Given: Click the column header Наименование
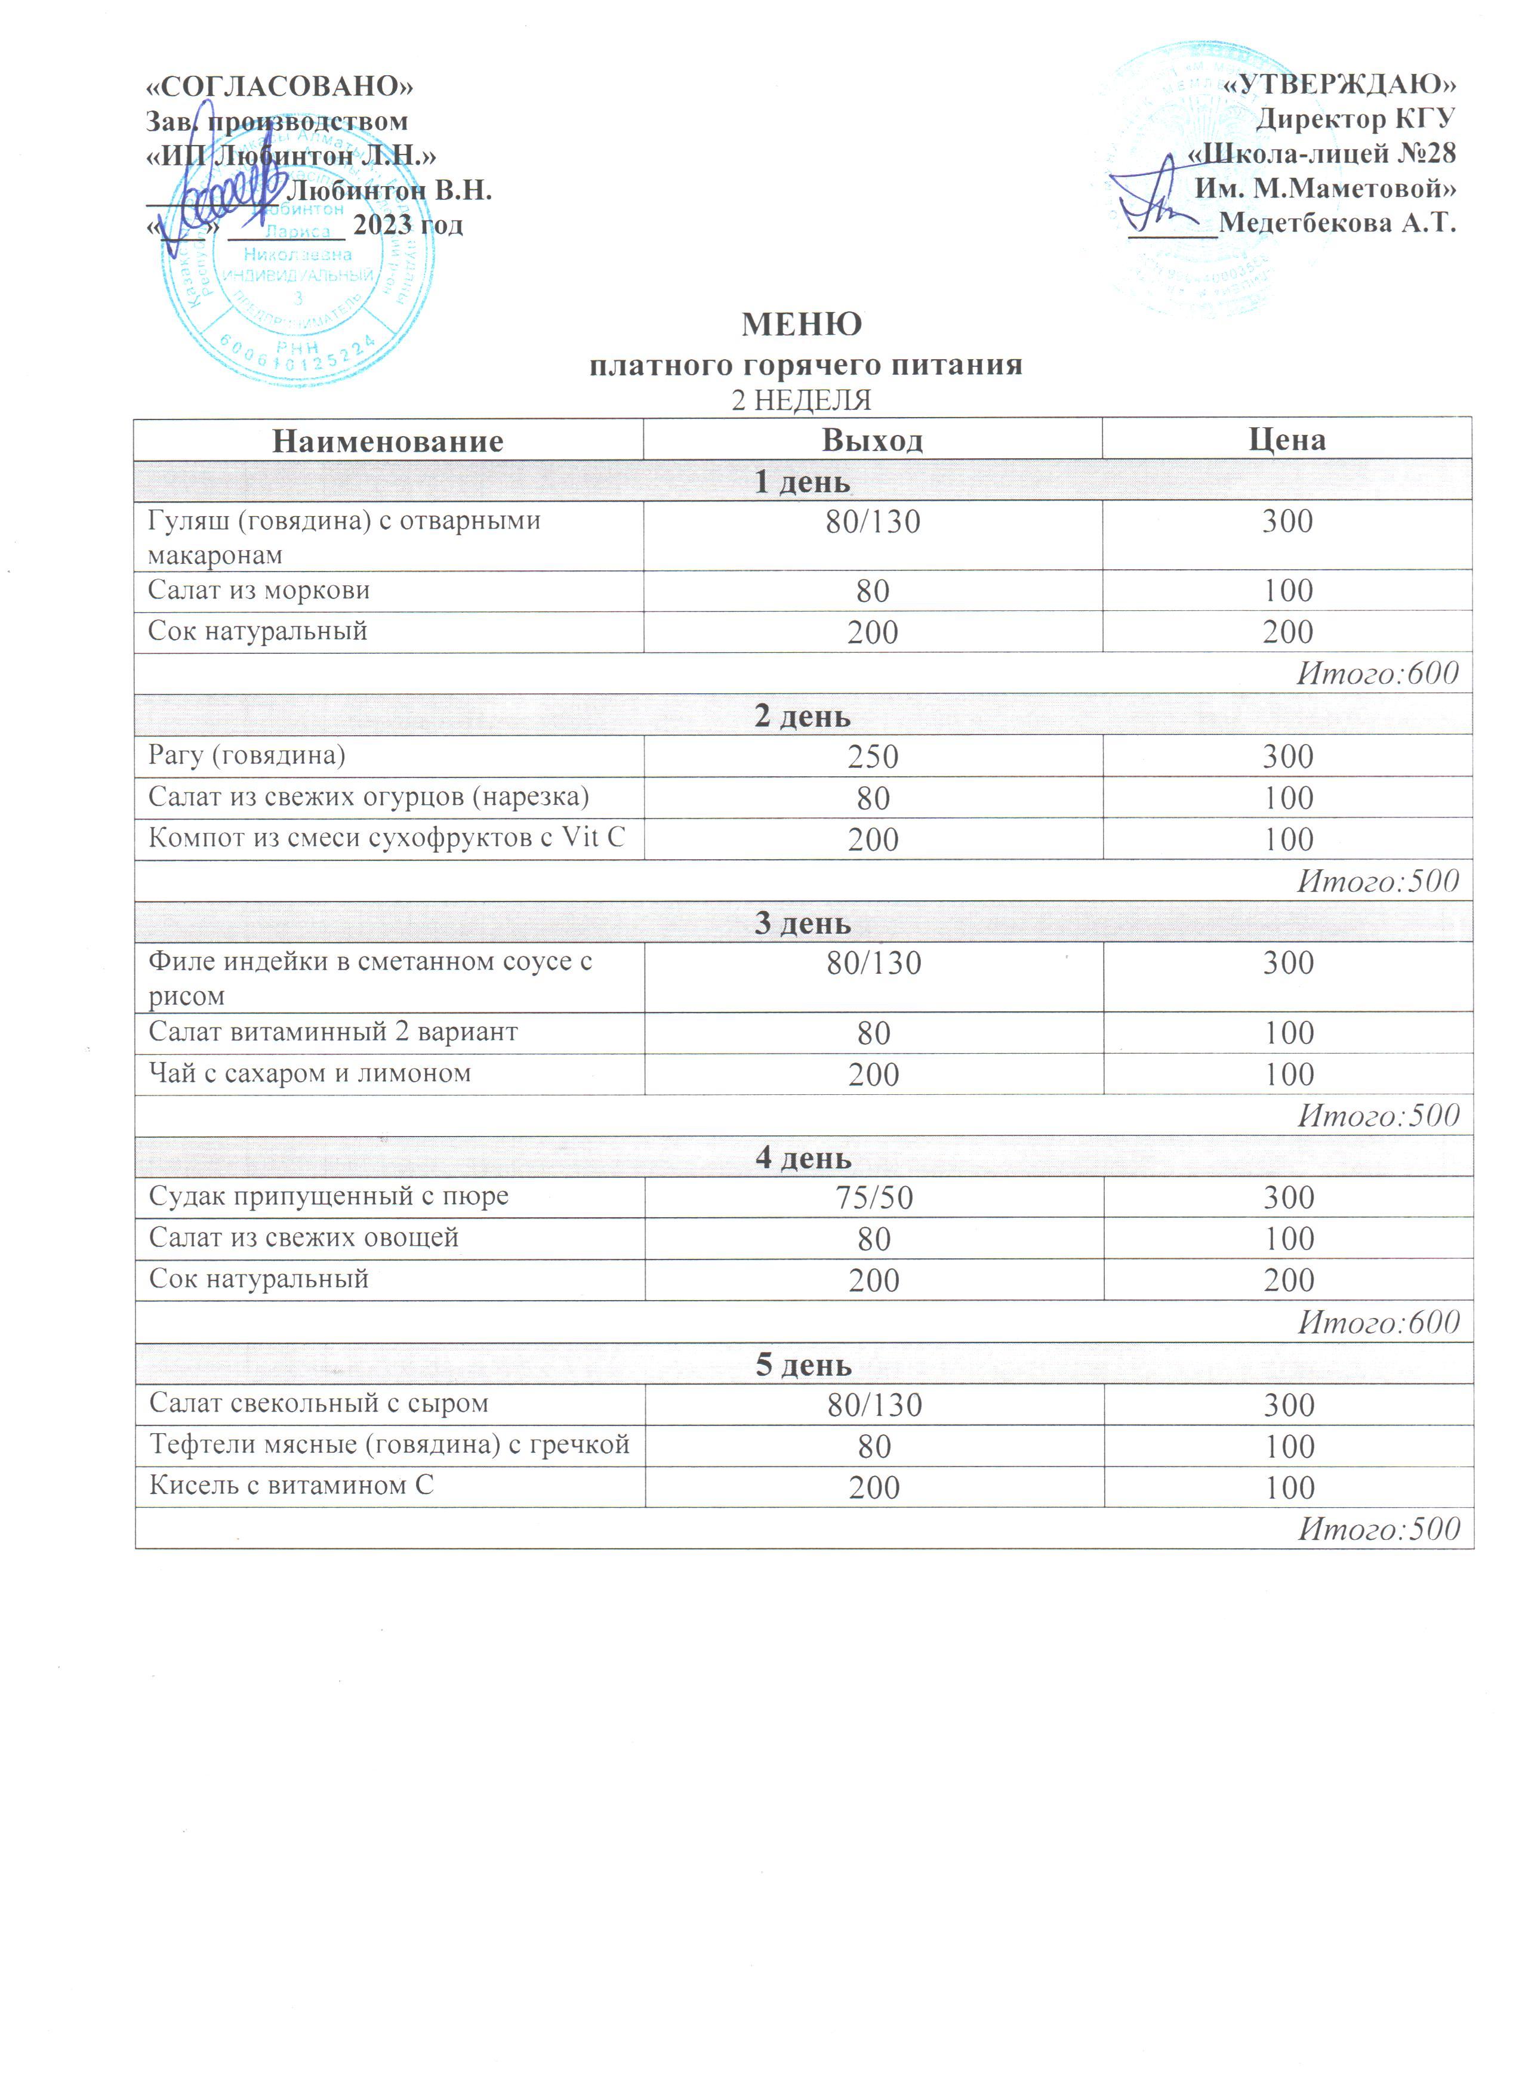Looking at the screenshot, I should click(x=387, y=440).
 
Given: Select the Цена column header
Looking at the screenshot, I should click(x=1287, y=439).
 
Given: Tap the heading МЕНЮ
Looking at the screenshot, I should click(x=801, y=324).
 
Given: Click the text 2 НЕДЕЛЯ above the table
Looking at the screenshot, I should click(x=801, y=400).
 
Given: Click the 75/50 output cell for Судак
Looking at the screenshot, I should click(x=873, y=1197).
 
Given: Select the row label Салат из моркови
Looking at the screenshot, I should click(x=258, y=589).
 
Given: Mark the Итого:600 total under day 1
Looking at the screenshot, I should click(x=1377, y=673).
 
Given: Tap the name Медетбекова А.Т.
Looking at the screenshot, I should click(x=1336, y=223).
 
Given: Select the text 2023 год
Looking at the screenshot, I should click(x=408, y=225).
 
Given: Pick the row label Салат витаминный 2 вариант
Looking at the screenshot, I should click(x=332, y=1031).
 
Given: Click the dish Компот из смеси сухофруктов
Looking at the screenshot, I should click(x=386, y=837).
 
